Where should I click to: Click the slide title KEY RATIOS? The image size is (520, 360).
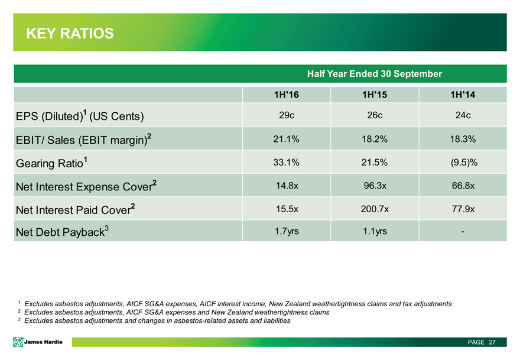pos(70,34)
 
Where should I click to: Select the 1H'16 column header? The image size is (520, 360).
pos(287,94)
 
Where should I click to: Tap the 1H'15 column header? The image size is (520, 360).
pos(374,94)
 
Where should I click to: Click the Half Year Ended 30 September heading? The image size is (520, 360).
pos(374,74)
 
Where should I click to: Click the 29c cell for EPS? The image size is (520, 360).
pos(287,115)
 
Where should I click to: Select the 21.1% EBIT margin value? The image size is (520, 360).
pos(287,138)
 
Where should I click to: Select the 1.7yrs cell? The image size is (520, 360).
pos(287,231)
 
